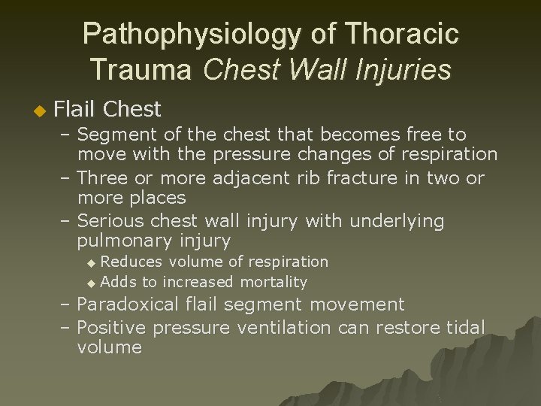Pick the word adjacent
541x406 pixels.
coord(247,178)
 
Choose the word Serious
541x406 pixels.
coord(110,221)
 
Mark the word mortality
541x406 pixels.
coord(274,283)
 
